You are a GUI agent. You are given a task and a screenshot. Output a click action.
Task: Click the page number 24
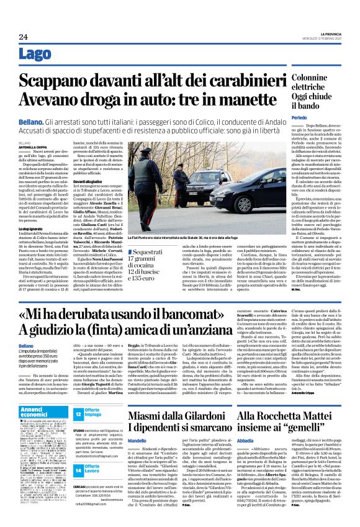(x=24, y=37)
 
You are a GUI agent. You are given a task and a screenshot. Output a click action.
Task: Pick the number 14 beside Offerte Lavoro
(x=79, y=451)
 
